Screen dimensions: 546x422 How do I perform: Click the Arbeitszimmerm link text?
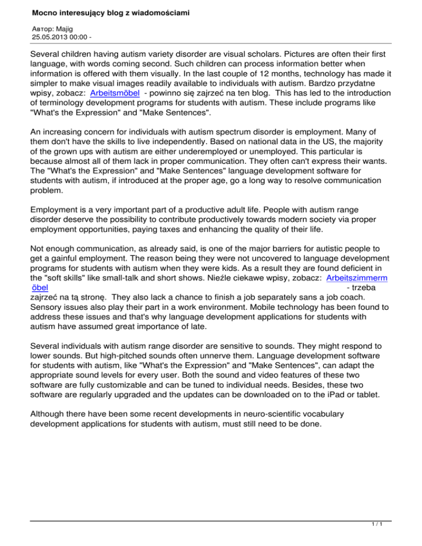[357, 278]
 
